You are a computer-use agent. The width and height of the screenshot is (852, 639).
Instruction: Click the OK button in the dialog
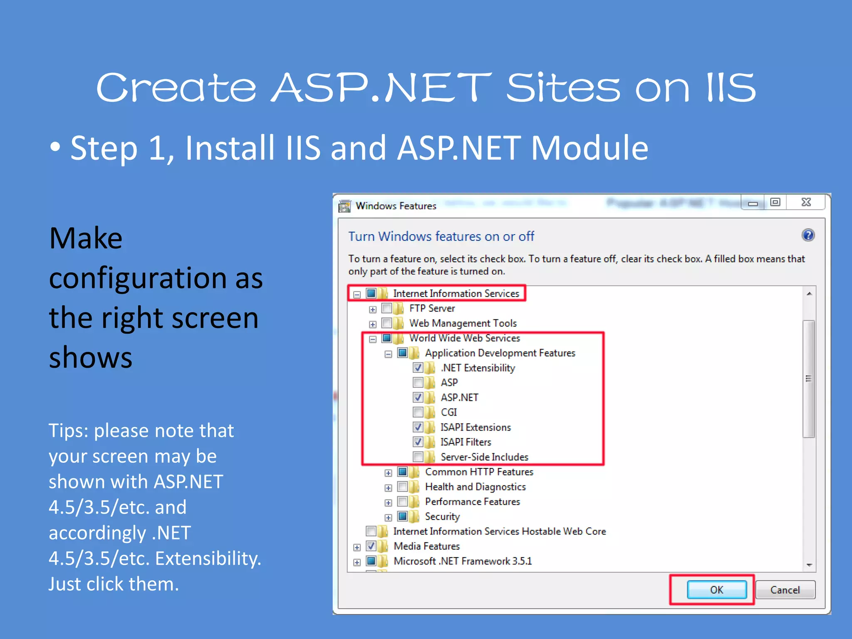coord(716,589)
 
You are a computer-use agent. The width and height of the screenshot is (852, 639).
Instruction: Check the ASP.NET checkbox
coord(418,398)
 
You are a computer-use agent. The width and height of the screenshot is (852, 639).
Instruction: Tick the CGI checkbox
coord(418,412)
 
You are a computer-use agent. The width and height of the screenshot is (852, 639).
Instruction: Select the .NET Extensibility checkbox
coord(418,368)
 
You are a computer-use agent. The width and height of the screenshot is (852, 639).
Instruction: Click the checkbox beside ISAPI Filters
coord(418,442)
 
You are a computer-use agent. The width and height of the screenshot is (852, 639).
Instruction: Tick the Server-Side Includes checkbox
coord(418,457)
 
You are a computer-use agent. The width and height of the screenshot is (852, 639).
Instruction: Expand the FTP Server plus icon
coord(373,309)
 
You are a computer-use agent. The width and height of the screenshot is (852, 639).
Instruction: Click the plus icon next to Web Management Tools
coord(373,324)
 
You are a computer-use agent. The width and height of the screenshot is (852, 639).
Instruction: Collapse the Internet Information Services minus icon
coord(357,295)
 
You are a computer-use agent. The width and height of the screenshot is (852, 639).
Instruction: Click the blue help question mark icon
coord(808,235)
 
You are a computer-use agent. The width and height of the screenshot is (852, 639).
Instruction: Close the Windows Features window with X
coord(806,203)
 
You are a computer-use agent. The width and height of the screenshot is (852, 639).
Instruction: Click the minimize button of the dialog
coord(753,203)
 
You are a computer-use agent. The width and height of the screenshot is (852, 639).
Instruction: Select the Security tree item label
coord(442,517)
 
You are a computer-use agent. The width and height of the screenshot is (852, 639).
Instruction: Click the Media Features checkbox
coord(371,546)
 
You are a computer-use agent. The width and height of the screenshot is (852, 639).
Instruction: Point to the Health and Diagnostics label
coord(475,487)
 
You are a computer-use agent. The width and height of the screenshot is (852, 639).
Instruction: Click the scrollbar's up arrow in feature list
coord(809,294)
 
